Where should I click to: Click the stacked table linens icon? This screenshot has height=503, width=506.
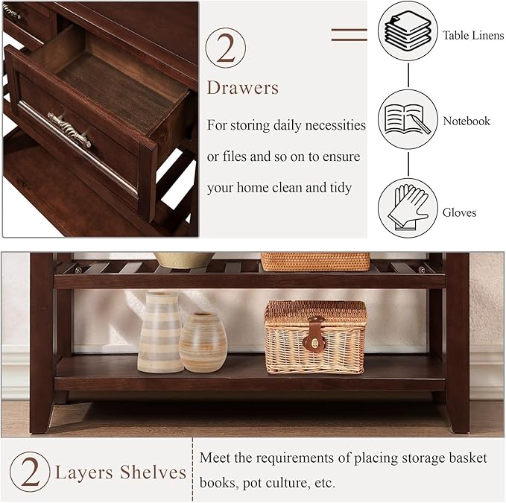point(407,31)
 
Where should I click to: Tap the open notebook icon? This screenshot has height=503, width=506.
point(407,119)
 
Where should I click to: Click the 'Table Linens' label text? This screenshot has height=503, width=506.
point(472,35)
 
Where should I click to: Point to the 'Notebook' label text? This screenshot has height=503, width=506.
point(467,121)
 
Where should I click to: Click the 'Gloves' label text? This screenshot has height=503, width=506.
point(460,212)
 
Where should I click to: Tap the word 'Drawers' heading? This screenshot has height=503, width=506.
point(243,88)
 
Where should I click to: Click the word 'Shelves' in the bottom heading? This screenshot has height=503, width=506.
point(156,472)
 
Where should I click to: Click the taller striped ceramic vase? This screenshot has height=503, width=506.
point(159,332)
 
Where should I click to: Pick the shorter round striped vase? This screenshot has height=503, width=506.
point(202,341)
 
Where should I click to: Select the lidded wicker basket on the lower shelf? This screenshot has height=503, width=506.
point(315,337)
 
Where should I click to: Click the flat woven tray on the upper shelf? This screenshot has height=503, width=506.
point(314,261)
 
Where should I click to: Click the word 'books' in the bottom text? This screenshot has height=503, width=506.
point(220,483)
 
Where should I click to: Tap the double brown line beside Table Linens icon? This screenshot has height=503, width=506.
point(349,34)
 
